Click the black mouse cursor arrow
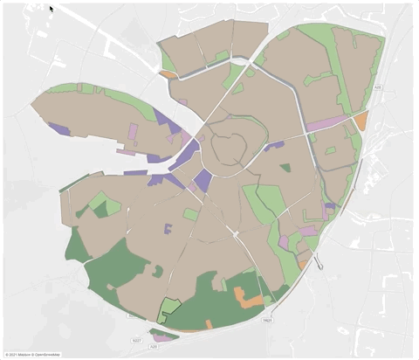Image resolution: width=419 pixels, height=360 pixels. [x=52, y=10]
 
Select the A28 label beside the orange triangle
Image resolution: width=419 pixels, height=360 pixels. [x=378, y=88]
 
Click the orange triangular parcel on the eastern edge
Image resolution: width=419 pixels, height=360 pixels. [x=361, y=121]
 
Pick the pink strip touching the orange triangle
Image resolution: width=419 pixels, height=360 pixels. [x=328, y=123]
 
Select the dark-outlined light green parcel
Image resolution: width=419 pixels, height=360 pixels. [x=168, y=308]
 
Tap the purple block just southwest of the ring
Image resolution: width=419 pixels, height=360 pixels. [x=203, y=181]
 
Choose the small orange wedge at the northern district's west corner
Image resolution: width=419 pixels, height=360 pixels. [x=168, y=74]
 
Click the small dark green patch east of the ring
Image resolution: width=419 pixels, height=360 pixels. [x=285, y=168]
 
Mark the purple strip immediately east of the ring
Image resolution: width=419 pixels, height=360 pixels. [x=274, y=146]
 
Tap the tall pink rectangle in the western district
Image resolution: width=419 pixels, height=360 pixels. [x=133, y=132]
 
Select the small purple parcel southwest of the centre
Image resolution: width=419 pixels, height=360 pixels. [x=168, y=229]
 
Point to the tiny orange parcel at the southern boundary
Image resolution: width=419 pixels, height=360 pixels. [x=209, y=324]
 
